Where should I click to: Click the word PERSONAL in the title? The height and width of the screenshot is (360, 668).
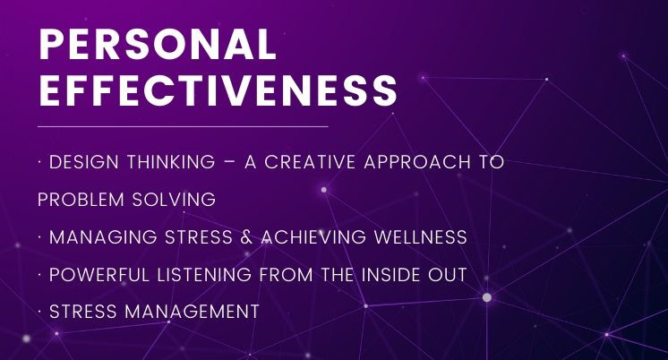[158, 44]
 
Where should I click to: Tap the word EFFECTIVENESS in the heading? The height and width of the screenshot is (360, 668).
[218, 90]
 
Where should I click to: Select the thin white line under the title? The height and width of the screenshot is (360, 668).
[183, 126]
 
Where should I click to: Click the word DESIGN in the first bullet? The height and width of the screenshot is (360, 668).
[84, 162]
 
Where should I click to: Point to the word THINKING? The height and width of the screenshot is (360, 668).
[171, 162]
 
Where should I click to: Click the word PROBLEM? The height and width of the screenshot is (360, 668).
[81, 200]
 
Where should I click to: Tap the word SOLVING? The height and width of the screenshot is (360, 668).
[174, 200]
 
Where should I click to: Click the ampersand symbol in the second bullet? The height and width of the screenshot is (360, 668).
[246, 237]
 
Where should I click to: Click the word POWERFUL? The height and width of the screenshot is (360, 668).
[99, 274]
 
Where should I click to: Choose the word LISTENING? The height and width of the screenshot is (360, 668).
[204, 274]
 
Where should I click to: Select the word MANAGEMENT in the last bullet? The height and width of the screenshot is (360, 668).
[193, 312]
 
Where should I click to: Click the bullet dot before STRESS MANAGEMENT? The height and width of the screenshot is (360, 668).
[39, 312]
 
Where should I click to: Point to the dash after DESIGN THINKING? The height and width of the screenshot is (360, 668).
[229, 163]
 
